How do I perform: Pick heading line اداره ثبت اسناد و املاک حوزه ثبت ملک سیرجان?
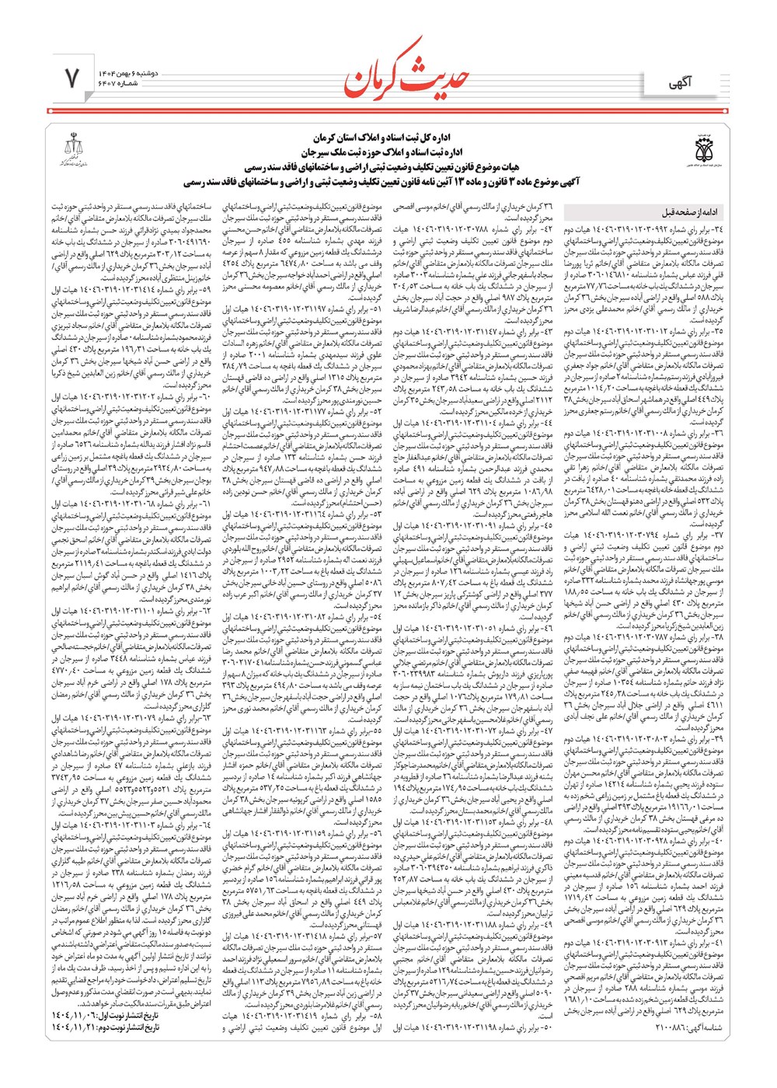(x=388, y=152)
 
